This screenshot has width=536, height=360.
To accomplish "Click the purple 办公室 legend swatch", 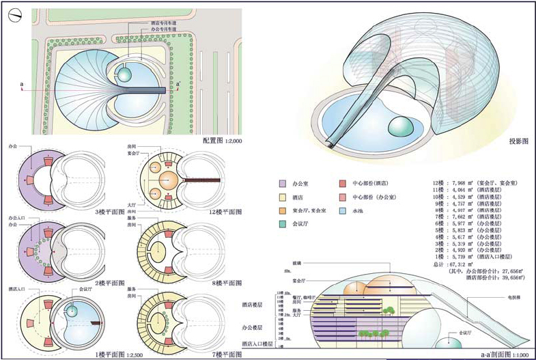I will pyautogui.click(x=281, y=184).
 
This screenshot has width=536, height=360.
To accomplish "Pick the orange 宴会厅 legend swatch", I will pyautogui.click(x=281, y=209).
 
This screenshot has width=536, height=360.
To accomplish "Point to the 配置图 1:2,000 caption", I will pyautogui.click(x=223, y=141).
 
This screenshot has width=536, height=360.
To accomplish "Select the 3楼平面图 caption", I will pyautogui.click(x=111, y=212).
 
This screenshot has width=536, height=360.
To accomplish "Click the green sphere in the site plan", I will pyautogui.click(x=125, y=74).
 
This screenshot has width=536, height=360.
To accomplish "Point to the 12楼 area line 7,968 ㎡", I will pyautogui.click(x=471, y=184).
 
